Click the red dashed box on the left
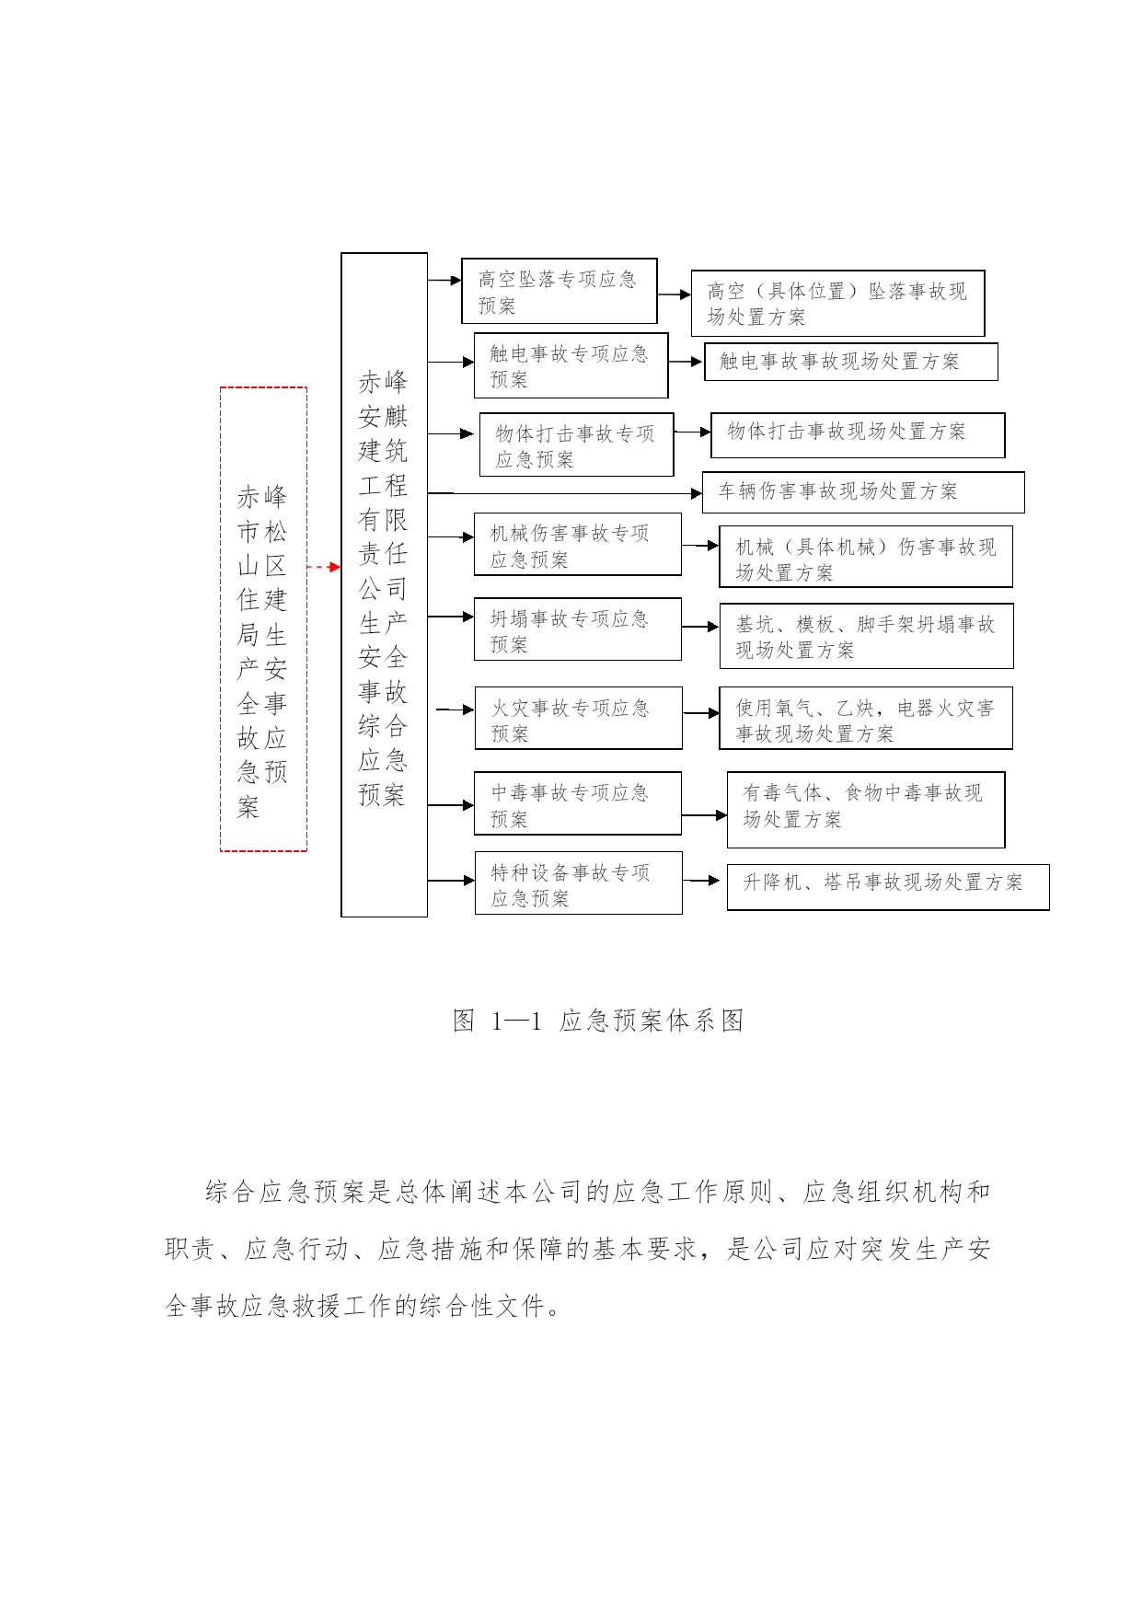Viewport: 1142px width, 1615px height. point(221,618)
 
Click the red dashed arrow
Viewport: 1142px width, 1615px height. point(323,567)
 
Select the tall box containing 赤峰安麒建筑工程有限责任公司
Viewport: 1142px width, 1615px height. point(341,584)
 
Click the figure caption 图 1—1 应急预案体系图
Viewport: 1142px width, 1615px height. point(598,1021)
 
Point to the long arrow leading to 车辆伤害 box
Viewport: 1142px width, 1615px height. point(565,493)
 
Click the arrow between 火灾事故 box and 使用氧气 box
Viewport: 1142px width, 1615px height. point(701,713)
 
